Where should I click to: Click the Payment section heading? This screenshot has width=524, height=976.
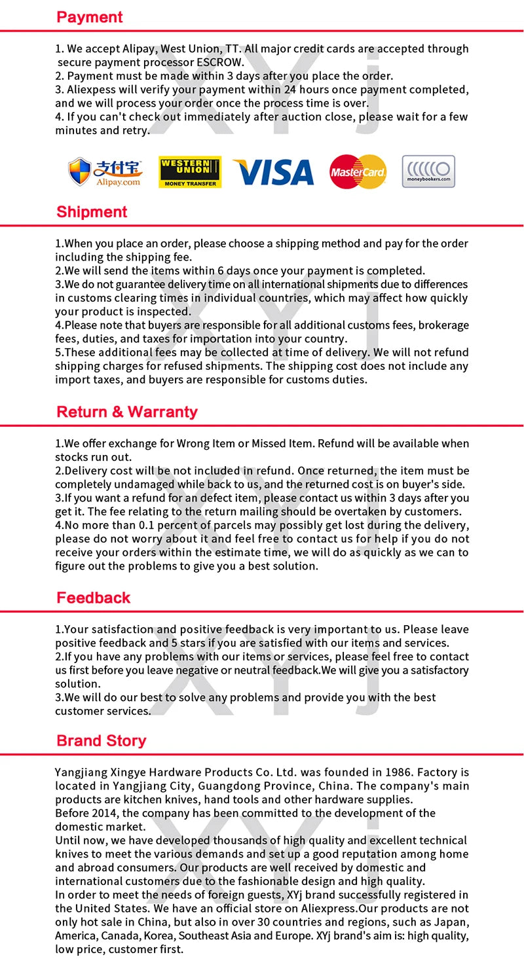[89, 18]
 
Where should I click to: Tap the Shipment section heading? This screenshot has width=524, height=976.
[92, 212]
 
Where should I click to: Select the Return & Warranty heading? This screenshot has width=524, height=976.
[126, 412]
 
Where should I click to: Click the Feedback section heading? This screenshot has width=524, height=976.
[93, 598]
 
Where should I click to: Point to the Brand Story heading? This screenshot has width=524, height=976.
[101, 741]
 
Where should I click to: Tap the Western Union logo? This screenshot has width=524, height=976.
[190, 172]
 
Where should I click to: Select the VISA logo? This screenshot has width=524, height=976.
[273, 172]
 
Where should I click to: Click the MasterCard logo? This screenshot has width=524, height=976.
[358, 172]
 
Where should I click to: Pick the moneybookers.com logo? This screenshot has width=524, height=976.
[428, 172]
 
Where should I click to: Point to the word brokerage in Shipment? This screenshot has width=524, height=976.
[443, 325]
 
